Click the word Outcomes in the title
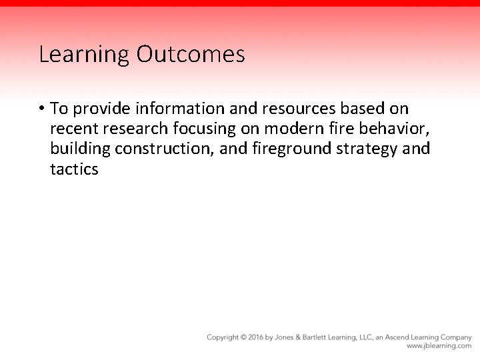(x=191, y=55)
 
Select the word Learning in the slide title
(x=85, y=55)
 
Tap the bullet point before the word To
(x=41, y=108)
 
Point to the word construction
(x=161, y=149)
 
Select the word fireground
(x=291, y=149)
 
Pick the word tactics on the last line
(x=74, y=169)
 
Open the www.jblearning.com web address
(x=439, y=346)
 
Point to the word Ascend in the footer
(x=395, y=337)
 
